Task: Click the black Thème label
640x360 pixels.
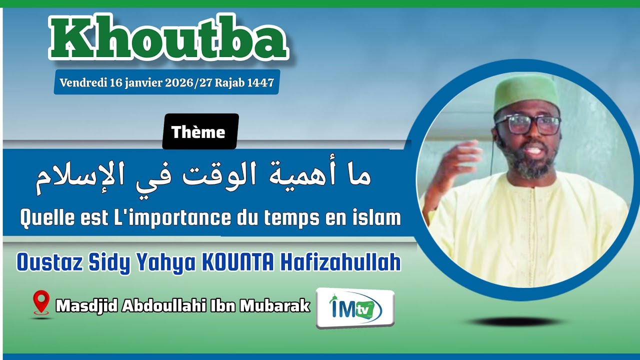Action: click(x=198, y=132)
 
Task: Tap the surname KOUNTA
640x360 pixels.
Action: click(x=237, y=262)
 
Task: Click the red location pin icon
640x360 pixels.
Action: click(x=41, y=301)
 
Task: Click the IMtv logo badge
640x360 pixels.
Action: click(x=354, y=308)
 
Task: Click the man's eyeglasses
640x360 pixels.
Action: click(x=529, y=125)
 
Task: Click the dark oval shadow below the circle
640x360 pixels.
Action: click(x=515, y=321)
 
